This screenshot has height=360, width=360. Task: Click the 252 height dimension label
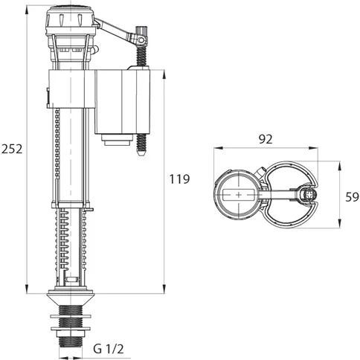coord(12,149)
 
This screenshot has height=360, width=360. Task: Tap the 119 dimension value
coord(179,179)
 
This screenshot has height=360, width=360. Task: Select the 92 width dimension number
coord(266,139)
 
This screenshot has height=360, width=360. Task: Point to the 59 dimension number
coord(352,197)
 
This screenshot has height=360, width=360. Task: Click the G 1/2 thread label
coord(109,349)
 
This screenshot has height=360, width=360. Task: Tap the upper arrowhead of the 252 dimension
coord(27,10)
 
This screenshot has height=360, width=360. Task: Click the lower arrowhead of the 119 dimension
coord(164,289)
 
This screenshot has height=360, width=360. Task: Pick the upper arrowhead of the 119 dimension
coord(164,74)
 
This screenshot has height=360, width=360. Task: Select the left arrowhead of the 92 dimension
coord(219,148)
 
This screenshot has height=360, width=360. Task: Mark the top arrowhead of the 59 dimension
coord(339,166)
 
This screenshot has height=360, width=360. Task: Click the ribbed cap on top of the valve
coord(70,20)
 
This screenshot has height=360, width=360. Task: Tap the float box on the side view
coord(123,102)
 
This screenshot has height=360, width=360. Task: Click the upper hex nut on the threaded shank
coord(71,316)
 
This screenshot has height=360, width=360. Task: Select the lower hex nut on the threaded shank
coord(71,329)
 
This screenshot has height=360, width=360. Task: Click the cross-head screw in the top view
coord(309,195)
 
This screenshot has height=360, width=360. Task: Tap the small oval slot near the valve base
coord(72,280)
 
